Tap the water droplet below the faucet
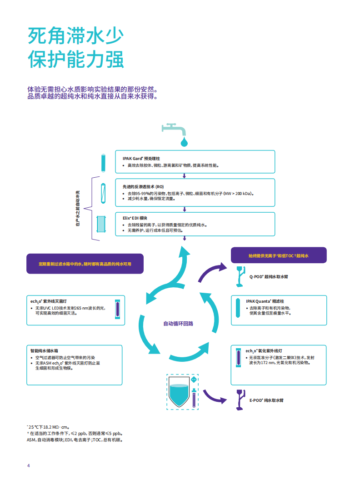184,142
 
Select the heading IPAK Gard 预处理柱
141,158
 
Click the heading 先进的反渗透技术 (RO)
143,187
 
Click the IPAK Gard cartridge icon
103,162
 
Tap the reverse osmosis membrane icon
103,193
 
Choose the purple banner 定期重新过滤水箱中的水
85,264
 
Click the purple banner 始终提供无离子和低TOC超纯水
279,255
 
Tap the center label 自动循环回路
178,324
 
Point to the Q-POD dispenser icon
240,277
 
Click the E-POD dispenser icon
240,400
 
